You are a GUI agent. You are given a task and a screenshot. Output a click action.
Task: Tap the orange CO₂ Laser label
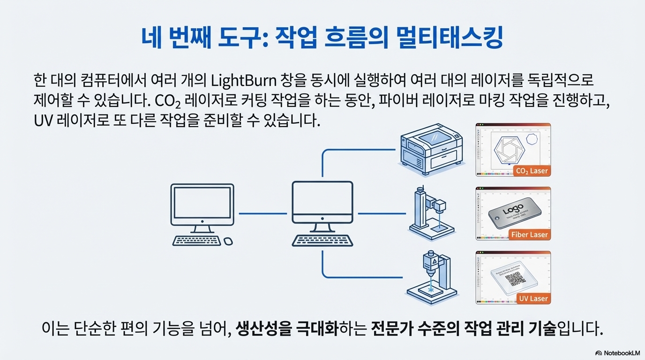531,171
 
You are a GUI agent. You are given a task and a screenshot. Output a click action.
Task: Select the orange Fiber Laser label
529,235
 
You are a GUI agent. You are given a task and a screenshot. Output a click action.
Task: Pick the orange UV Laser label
533,299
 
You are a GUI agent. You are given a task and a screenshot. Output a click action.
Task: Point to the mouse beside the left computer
228,241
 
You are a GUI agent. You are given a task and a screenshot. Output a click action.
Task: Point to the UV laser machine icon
431,277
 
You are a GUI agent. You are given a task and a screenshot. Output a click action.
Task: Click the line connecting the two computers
262,213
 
